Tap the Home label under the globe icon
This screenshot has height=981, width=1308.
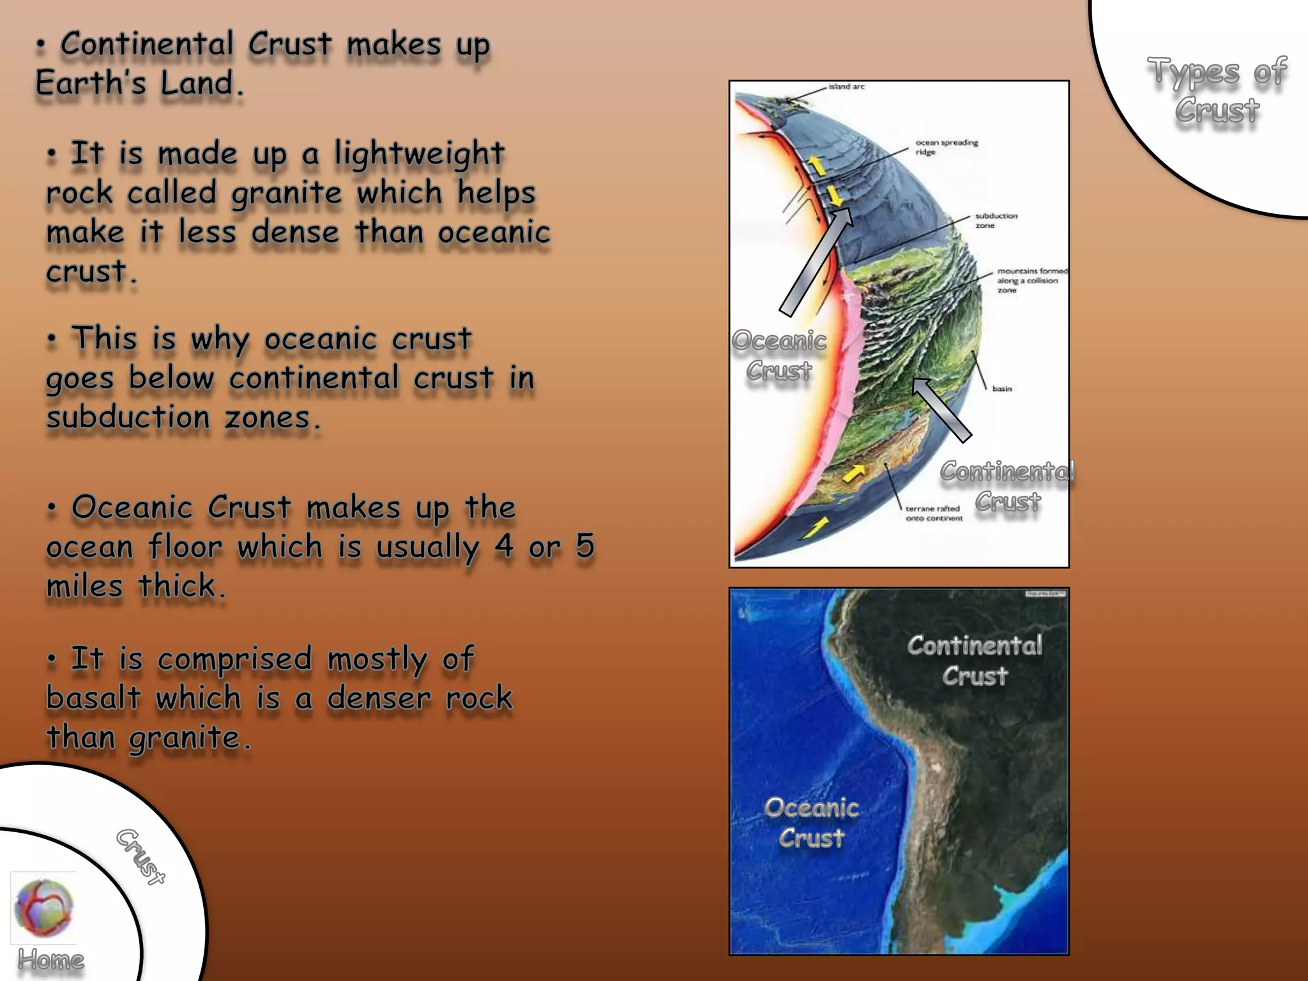[50, 959]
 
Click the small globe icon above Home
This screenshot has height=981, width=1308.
[43, 908]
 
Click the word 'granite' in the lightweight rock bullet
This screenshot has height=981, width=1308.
[287, 193]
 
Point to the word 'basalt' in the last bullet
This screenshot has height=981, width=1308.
[93, 697]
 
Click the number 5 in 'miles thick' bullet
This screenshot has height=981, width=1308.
[584, 546]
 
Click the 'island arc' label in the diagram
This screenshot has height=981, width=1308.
[846, 87]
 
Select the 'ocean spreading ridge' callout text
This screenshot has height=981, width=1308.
[947, 147]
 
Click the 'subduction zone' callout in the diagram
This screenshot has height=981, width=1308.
[996, 220]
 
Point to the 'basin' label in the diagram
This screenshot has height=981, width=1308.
[1001, 388]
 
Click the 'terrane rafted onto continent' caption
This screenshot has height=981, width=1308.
[934, 513]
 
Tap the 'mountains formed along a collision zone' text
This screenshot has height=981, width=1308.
[1031, 280]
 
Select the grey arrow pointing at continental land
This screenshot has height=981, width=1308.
[941, 409]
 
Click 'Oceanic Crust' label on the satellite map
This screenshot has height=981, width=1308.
[811, 823]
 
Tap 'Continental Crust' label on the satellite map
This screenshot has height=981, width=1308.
[975, 660]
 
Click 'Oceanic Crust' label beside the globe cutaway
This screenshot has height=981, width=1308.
[779, 355]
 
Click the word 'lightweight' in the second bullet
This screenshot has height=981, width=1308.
[420, 154]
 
